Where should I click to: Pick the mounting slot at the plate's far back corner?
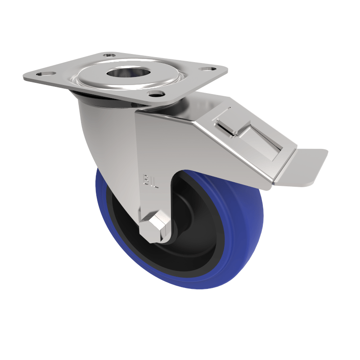(108, 55)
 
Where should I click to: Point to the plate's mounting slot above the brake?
(207, 69)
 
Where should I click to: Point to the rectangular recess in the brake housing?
(261, 144)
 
